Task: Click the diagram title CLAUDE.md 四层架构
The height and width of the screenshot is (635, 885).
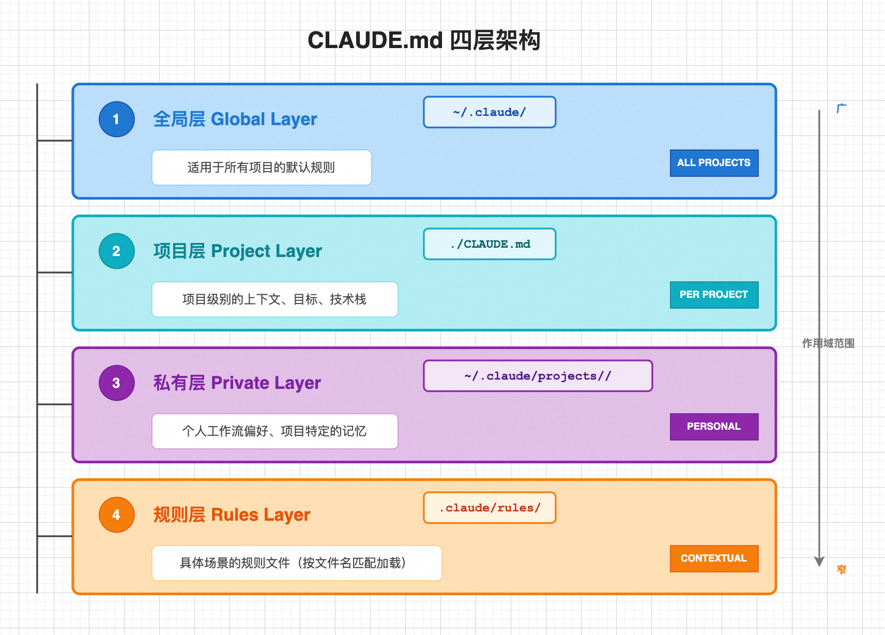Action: pos(424,40)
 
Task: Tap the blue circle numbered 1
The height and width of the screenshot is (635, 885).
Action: pos(116,119)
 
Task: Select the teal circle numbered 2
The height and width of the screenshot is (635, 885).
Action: pos(116,251)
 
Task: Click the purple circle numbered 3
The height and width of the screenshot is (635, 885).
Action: pos(116,383)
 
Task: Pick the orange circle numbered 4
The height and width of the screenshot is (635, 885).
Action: pos(116,515)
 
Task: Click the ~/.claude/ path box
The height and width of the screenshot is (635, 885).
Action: pos(490,112)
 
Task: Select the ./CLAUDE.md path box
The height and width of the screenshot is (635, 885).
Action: pos(490,244)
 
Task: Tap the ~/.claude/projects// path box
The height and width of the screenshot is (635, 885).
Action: pos(538,376)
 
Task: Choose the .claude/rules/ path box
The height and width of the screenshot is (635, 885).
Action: pos(490,508)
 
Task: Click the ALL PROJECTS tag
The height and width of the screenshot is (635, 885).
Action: pos(714,163)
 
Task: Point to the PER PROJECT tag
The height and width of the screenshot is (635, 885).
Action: pos(714,295)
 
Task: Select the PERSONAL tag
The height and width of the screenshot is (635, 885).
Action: pos(714,427)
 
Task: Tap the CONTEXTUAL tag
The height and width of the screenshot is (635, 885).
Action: pos(714,559)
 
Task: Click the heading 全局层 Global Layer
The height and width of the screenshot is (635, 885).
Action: pos(235,119)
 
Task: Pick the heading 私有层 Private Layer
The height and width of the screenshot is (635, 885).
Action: pos(237,383)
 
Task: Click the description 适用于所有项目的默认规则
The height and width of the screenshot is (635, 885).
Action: pos(261,168)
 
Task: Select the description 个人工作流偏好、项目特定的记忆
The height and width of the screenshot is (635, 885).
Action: pos(274,431)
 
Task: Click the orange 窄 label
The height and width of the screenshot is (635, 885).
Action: pos(842,569)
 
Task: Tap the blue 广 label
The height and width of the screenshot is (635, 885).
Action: pos(842,108)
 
